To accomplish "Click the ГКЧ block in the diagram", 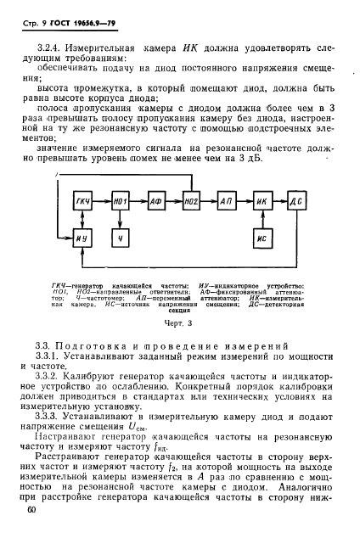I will [82, 200].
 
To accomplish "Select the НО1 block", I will [121, 200].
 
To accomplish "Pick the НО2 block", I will [192, 200].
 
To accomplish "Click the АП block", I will [228, 200].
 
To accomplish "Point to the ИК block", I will [262, 200].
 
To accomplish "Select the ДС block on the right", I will [296, 200].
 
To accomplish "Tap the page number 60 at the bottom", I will [31, 509].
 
